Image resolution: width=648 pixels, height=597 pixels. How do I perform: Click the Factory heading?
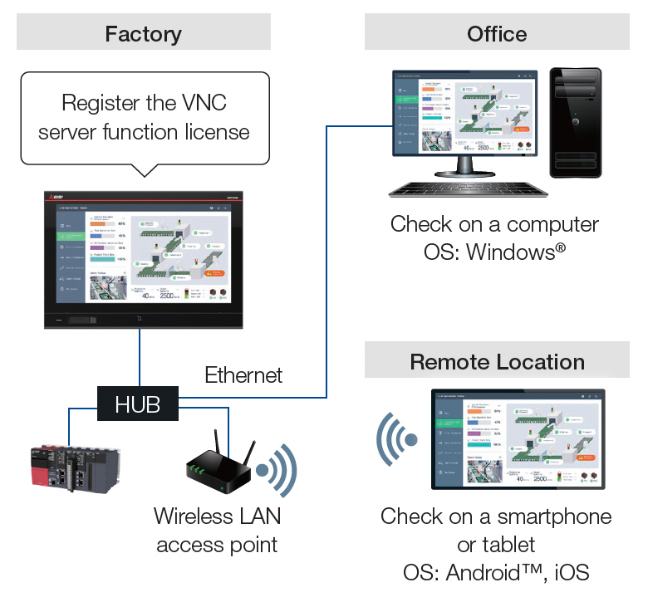(x=143, y=34)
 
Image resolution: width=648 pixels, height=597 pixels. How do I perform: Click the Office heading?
(x=497, y=34)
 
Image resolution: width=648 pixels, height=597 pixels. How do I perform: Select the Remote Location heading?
(x=497, y=362)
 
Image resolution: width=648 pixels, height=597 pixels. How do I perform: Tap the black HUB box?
(x=138, y=404)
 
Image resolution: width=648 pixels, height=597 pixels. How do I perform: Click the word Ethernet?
(x=243, y=375)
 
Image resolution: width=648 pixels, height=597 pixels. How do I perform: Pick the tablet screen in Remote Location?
(x=517, y=438)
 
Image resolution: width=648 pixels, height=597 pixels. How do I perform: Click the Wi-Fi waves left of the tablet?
(x=394, y=438)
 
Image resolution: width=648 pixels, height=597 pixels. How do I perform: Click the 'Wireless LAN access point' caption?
(x=217, y=530)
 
